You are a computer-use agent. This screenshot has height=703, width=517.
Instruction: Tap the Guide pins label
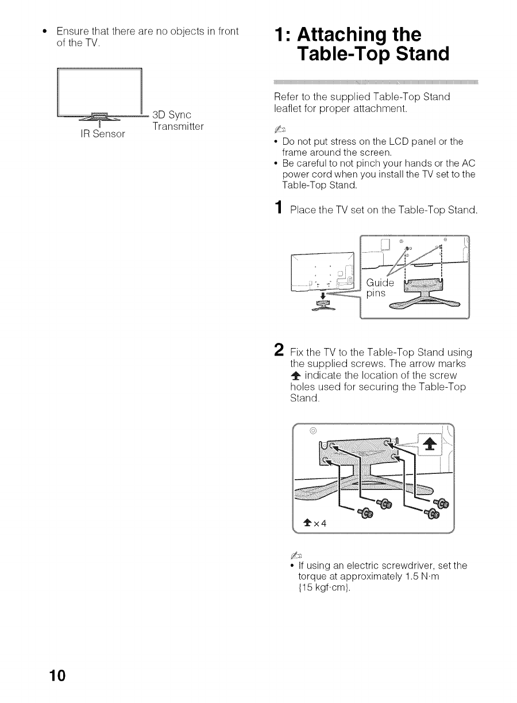(x=380, y=288)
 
